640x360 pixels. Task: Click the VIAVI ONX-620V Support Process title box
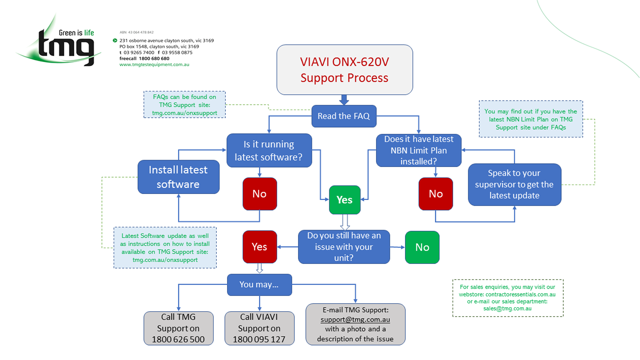click(x=345, y=70)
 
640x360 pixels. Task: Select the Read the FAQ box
click(x=344, y=116)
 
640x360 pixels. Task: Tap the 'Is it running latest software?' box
click(x=269, y=150)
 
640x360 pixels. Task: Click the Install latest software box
click(x=178, y=177)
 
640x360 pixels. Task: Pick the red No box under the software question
click(x=260, y=194)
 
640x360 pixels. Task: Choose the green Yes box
click(x=345, y=200)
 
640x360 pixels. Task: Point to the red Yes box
click(x=260, y=247)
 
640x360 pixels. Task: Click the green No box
click(x=422, y=247)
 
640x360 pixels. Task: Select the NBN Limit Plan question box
click(x=419, y=150)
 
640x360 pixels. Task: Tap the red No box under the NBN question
click(x=436, y=194)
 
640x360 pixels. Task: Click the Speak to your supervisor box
click(x=514, y=184)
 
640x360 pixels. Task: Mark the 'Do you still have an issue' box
click(x=344, y=247)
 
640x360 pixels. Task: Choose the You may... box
click(x=259, y=285)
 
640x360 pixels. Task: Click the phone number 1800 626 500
click(x=178, y=339)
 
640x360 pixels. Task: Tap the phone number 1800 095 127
click(x=259, y=339)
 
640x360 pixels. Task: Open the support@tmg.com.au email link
click(x=355, y=319)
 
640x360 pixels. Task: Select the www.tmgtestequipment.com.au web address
click(x=154, y=65)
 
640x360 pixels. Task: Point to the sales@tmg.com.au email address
click(x=507, y=309)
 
